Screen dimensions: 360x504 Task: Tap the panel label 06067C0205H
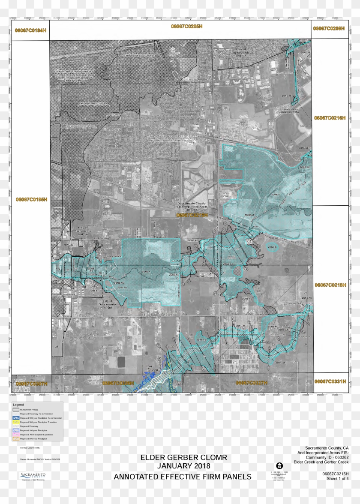tap(180, 27)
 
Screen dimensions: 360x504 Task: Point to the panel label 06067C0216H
tap(330, 117)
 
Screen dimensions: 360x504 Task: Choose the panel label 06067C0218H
tap(330, 285)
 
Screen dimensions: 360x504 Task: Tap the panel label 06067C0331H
tap(330, 381)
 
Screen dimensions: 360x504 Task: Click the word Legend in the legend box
tap(18, 405)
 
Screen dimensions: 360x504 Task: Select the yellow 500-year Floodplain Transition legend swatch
tap(16, 422)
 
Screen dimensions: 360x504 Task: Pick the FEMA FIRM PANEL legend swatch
tap(16, 410)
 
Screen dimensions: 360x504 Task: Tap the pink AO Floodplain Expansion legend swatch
tap(16, 435)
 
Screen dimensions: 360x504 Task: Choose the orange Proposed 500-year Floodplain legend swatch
tap(16, 438)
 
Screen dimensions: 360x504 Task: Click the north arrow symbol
tap(279, 465)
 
